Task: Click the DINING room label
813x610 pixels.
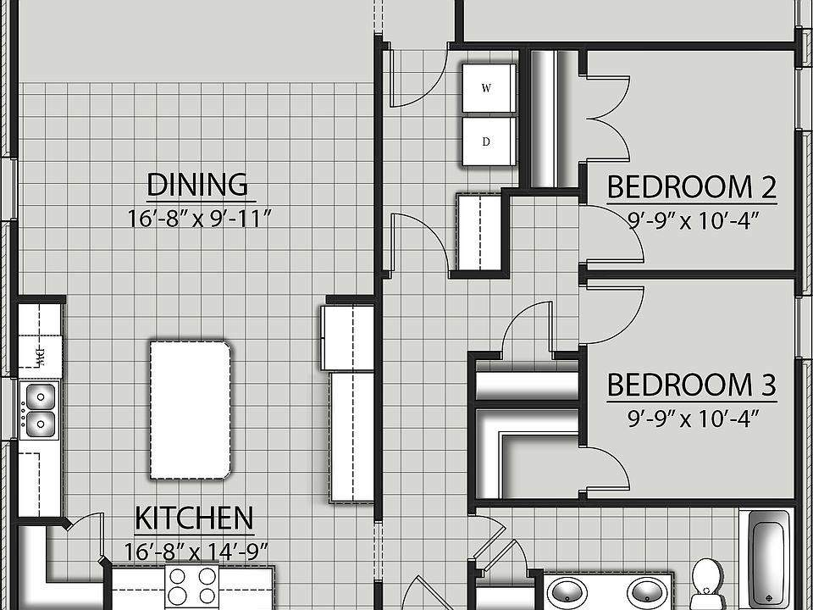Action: click(197, 184)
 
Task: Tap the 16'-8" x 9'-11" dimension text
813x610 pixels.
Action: click(198, 219)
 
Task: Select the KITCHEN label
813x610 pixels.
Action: click(194, 518)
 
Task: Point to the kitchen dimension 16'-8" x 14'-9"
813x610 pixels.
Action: click(196, 551)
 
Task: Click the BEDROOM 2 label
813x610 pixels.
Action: click(692, 186)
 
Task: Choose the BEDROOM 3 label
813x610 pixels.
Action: click(691, 385)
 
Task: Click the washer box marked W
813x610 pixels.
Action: click(487, 88)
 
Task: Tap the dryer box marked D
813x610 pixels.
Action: click(487, 141)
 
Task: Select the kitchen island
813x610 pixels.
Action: click(191, 410)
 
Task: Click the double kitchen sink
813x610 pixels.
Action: click(39, 409)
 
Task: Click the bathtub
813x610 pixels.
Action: click(770, 559)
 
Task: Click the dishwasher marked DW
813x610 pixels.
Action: click(39, 352)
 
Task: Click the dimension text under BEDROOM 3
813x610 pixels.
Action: click(692, 418)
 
